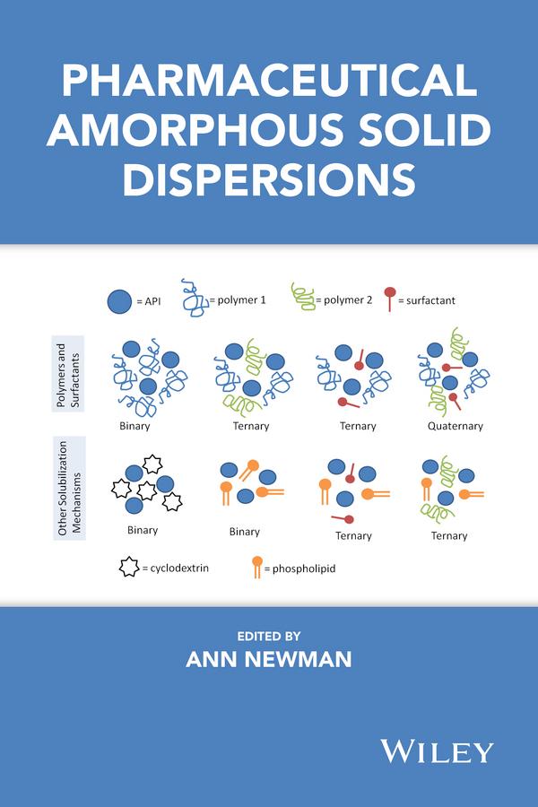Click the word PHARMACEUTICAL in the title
click(268, 82)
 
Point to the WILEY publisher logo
click(437, 750)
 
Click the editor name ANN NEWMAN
click(268, 659)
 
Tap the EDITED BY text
click(268, 636)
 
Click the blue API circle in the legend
click(121, 302)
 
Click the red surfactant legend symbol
click(390, 297)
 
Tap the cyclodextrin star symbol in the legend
click(128, 568)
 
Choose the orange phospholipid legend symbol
click(257, 567)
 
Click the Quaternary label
click(456, 426)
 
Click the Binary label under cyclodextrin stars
click(143, 530)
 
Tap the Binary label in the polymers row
click(134, 425)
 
